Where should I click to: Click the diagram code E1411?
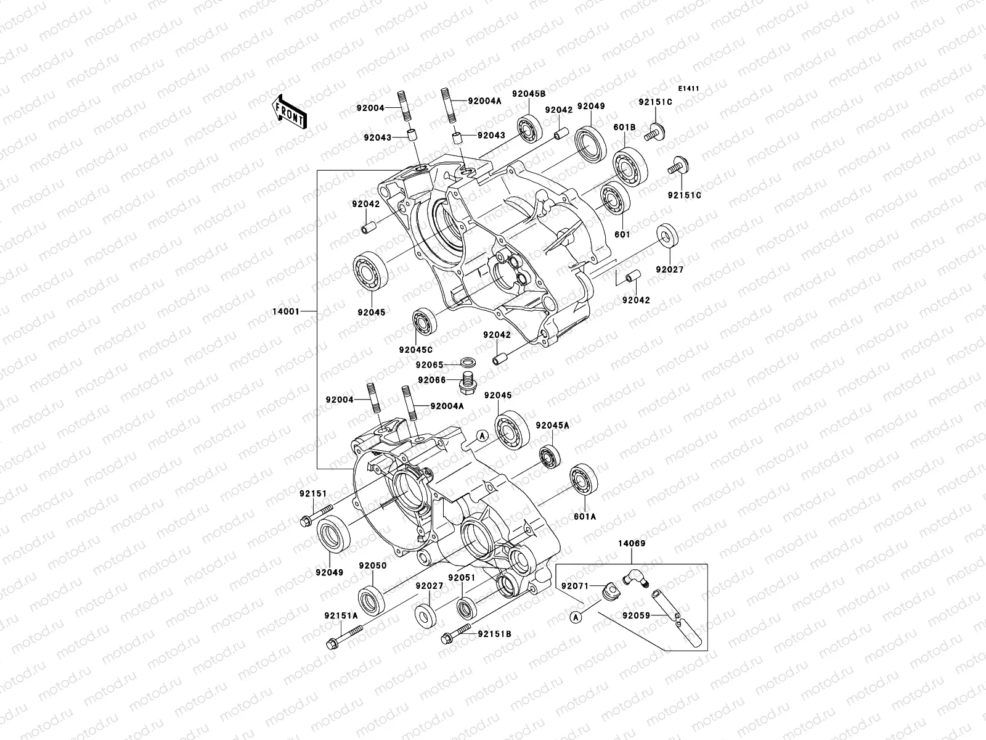(688, 89)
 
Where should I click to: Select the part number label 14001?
(286, 311)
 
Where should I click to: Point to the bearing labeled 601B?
(632, 165)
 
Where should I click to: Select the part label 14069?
(632, 543)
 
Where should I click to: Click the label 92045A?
(552, 425)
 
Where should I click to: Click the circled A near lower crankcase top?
(483, 435)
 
